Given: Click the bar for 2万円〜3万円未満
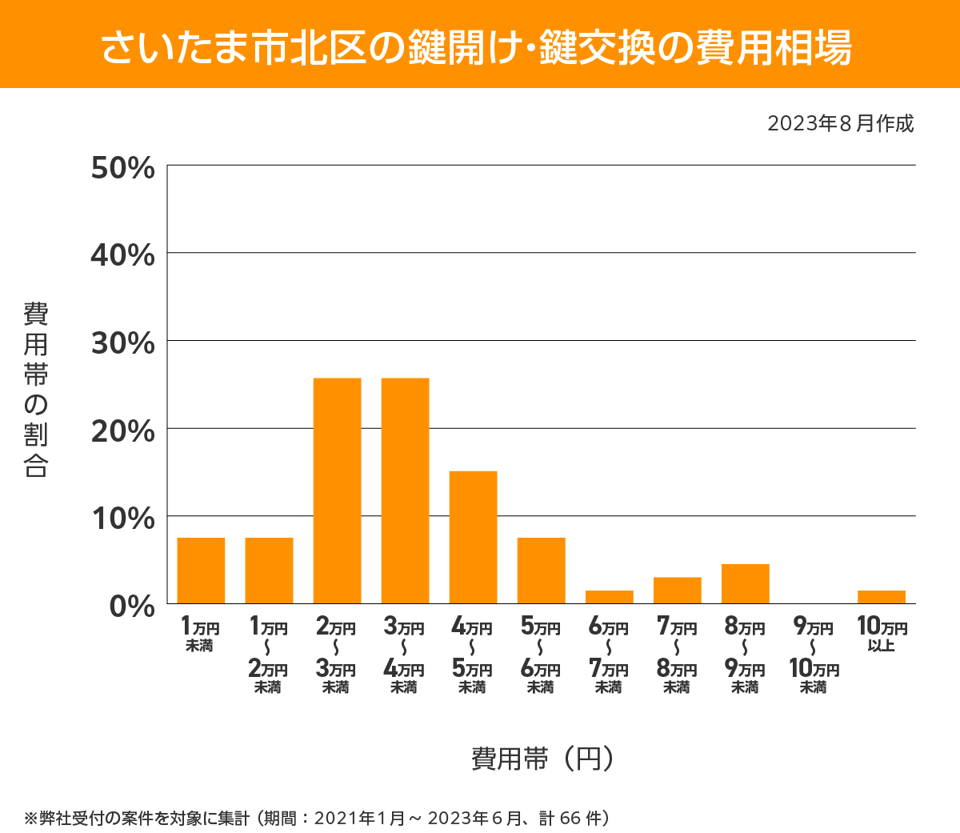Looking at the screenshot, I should [337, 491].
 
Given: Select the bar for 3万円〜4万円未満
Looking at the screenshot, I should [405, 491].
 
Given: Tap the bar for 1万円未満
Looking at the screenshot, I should [201, 571].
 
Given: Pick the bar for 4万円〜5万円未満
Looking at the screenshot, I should [473, 537].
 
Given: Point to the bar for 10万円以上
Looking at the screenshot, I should [881, 597].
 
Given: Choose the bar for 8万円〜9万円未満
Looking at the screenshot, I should [745, 584].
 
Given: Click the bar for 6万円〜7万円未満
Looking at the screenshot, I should [609, 597].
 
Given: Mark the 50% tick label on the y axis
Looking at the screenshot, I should [122, 168].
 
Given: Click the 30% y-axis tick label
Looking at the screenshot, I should [122, 343].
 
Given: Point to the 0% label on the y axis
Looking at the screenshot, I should [132, 606].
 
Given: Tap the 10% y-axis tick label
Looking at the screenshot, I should [122, 519].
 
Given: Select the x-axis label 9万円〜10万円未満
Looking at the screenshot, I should [813, 656].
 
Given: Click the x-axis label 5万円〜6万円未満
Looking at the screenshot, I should [541, 656].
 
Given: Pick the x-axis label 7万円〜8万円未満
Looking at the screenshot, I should [677, 656].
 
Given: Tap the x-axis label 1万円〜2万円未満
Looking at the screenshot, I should [268, 656].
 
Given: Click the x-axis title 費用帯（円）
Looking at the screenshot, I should [542, 758].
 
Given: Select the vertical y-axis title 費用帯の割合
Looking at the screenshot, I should [36, 390].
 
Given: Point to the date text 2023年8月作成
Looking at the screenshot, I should [840, 124].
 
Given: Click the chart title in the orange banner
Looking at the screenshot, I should [478, 47].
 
